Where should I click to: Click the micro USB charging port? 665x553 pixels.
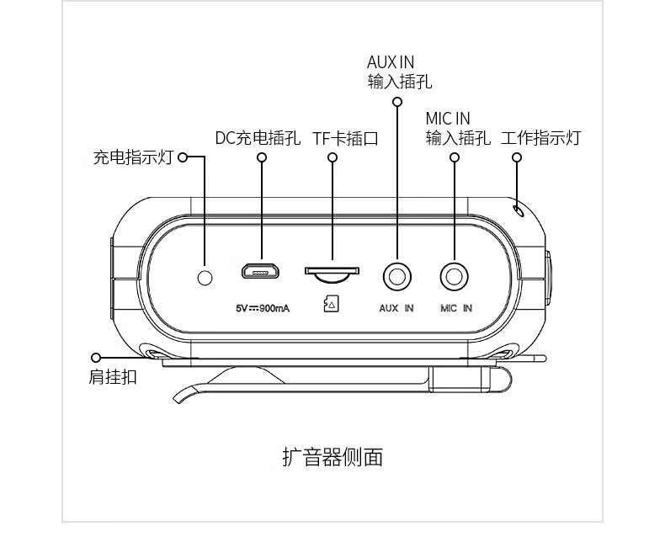pyautogui.click(x=260, y=270)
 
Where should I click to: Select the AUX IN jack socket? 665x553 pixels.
pyautogui.click(x=397, y=277)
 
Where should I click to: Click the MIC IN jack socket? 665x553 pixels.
pyautogui.click(x=455, y=277)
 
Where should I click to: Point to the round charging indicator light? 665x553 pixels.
pyautogui.click(x=205, y=278)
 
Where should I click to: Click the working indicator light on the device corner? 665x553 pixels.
pyautogui.click(x=519, y=210)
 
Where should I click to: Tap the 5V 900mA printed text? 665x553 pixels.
pyautogui.click(x=263, y=308)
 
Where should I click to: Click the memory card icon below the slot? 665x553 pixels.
pyautogui.click(x=331, y=303)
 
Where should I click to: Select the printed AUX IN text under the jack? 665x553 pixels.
pyautogui.click(x=396, y=308)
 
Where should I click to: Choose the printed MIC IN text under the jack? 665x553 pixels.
pyautogui.click(x=456, y=308)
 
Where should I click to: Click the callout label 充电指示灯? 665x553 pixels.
pyautogui.click(x=134, y=157)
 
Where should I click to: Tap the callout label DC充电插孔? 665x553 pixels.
pyautogui.click(x=258, y=138)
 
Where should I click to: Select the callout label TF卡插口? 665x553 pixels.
pyautogui.click(x=345, y=138)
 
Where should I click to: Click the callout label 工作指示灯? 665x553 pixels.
pyautogui.click(x=540, y=138)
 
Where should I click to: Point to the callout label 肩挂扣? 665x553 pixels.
pyautogui.click(x=113, y=376)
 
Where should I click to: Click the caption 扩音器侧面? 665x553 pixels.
pyautogui.click(x=332, y=457)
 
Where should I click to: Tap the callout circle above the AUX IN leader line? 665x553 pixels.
pyautogui.click(x=397, y=102)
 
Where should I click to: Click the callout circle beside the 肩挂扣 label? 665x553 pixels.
pyautogui.click(x=96, y=358)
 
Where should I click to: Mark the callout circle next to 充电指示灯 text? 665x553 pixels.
pyautogui.click(x=183, y=157)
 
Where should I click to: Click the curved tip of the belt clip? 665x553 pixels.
pyautogui.click(x=177, y=399)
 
